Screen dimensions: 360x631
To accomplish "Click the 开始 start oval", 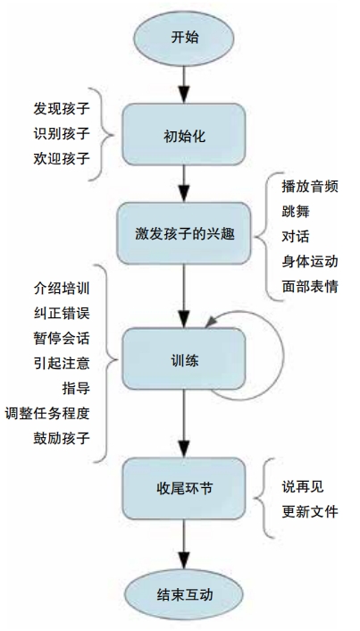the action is point(184,38).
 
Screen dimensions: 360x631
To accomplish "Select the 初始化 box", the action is point(184,134).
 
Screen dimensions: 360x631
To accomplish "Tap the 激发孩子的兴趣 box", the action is point(184,233).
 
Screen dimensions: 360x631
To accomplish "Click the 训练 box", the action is point(184,358).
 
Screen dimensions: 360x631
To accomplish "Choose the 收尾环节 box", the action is point(184,489).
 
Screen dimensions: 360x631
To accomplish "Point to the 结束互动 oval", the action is point(184,595).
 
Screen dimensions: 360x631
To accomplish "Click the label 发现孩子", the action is point(61,108).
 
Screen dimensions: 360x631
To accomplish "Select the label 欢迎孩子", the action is point(61,157).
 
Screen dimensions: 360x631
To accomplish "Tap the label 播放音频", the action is point(310,186).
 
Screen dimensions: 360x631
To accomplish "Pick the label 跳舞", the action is point(296,211).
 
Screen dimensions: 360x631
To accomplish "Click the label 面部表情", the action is point(310,286).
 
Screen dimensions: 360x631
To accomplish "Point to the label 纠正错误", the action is point(61,313).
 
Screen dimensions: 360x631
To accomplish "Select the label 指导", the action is point(76,388).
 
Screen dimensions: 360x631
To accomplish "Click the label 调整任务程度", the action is point(47,413).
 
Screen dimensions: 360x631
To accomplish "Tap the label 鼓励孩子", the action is point(61,438).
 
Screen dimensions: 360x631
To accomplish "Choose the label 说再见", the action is point(303,486).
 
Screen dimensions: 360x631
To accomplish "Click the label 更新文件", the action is point(310,511).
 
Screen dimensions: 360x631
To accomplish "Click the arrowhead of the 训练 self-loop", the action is point(210,322).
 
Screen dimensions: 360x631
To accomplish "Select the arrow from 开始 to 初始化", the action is point(184,85).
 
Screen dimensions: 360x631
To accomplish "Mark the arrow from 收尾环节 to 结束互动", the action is point(184,544).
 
